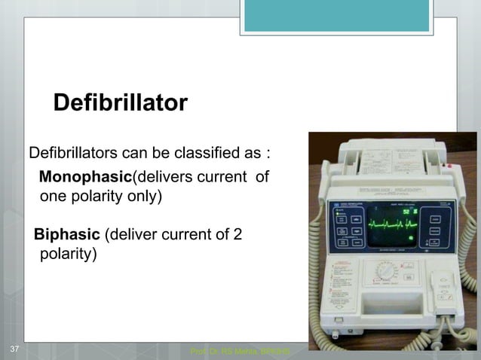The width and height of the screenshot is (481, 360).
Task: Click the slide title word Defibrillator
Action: (x=120, y=103)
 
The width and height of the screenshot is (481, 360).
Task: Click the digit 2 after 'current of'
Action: (x=237, y=234)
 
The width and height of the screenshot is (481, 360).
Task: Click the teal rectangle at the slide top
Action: (x=336, y=16)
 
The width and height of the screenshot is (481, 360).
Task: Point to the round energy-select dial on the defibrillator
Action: (x=385, y=273)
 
